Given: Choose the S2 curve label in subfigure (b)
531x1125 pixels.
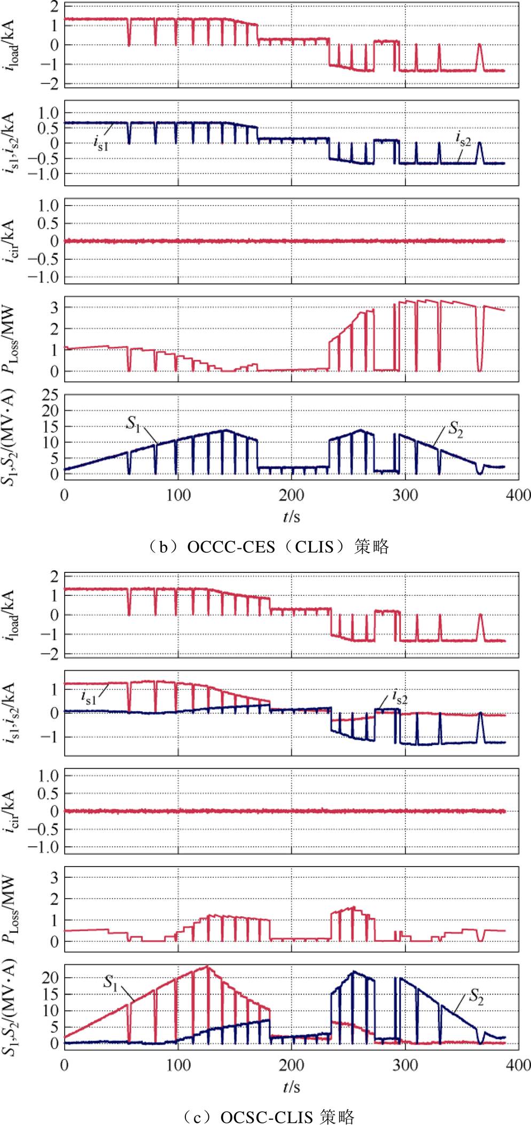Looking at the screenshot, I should coord(455,428).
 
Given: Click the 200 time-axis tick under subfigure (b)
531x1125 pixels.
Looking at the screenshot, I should coord(291,495).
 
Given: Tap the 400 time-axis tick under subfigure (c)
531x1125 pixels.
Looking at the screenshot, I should coord(519,1065).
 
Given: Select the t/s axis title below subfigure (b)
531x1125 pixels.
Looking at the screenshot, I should coord(291,516).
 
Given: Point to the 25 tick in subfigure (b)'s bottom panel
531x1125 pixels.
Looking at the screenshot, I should coord(50,396).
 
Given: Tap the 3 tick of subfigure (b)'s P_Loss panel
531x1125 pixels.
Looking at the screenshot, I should coord(54,308).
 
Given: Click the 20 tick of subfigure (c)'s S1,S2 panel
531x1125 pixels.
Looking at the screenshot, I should coord(50,977).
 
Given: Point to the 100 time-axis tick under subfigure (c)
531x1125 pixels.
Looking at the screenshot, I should coord(178,1065).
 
